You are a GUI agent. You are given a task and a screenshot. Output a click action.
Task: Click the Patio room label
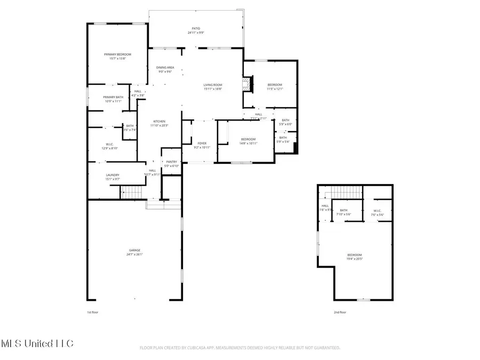(196, 28)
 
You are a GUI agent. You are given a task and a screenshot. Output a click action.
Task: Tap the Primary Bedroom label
(117, 54)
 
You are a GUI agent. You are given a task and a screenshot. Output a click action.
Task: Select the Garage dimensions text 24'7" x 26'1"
(135, 254)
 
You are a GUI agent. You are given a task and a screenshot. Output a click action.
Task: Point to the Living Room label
(213, 85)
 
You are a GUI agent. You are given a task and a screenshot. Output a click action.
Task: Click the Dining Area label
(165, 68)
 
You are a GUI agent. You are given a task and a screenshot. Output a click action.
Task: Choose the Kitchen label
(159, 121)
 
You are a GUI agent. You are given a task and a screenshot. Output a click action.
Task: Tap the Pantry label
(171, 162)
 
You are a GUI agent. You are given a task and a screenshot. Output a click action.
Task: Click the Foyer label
(202, 143)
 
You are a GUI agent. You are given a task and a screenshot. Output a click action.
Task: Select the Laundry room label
(112, 175)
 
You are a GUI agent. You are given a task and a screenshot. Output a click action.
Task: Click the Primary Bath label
(113, 97)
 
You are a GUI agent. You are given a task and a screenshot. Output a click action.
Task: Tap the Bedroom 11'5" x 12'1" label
(275, 85)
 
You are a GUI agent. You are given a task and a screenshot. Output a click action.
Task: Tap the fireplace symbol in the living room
(246, 84)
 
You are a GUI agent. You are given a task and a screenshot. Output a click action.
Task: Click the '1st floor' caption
(93, 313)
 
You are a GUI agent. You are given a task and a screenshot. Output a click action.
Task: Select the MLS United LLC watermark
(37, 342)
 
